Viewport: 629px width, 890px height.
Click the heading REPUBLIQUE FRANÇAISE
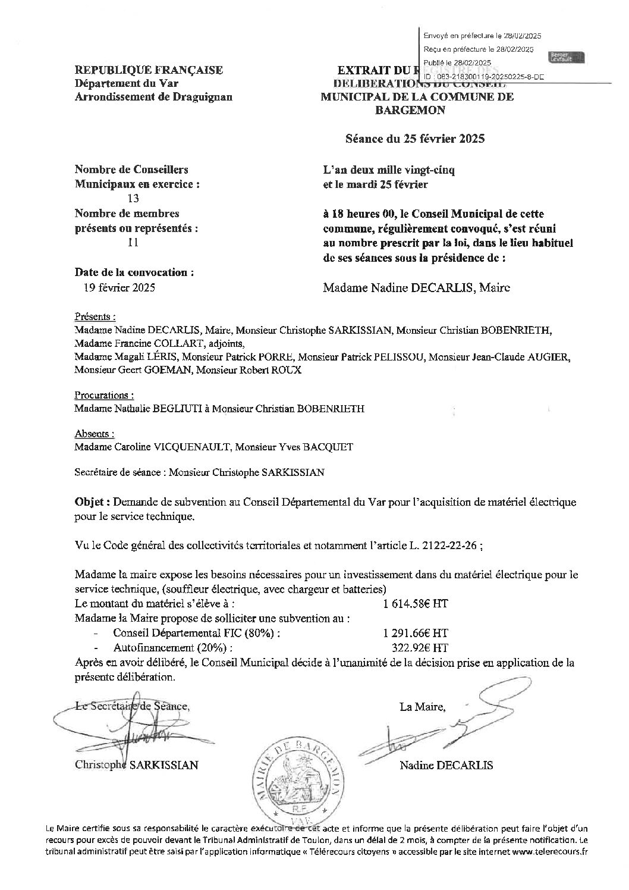(149, 70)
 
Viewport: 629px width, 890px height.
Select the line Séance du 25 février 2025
(416, 139)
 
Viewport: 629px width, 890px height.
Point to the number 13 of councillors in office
(134, 199)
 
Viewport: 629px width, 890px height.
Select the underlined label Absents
(95, 434)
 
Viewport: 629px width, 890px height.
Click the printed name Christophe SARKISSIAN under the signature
(137, 765)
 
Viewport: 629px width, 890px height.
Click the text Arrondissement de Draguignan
(153, 97)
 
